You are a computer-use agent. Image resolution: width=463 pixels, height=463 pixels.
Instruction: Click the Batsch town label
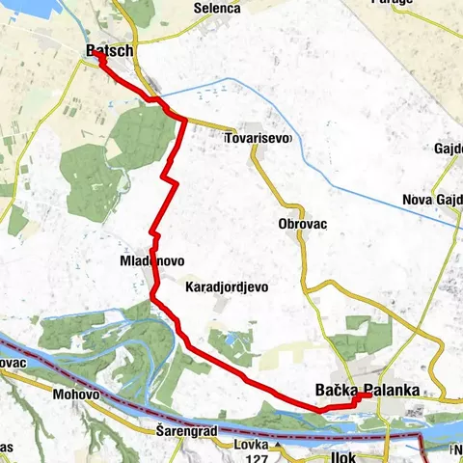point(109,49)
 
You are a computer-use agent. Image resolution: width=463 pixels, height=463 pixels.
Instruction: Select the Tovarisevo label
point(257,139)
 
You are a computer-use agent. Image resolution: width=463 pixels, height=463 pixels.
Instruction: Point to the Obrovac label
point(302,224)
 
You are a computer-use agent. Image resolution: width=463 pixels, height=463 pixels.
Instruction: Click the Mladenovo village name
point(151,261)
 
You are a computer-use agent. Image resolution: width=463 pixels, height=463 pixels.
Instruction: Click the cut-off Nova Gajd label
point(431,200)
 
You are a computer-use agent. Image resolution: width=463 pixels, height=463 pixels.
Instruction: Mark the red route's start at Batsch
point(98,57)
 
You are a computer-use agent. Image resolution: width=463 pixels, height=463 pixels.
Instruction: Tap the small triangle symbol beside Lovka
point(278,446)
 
